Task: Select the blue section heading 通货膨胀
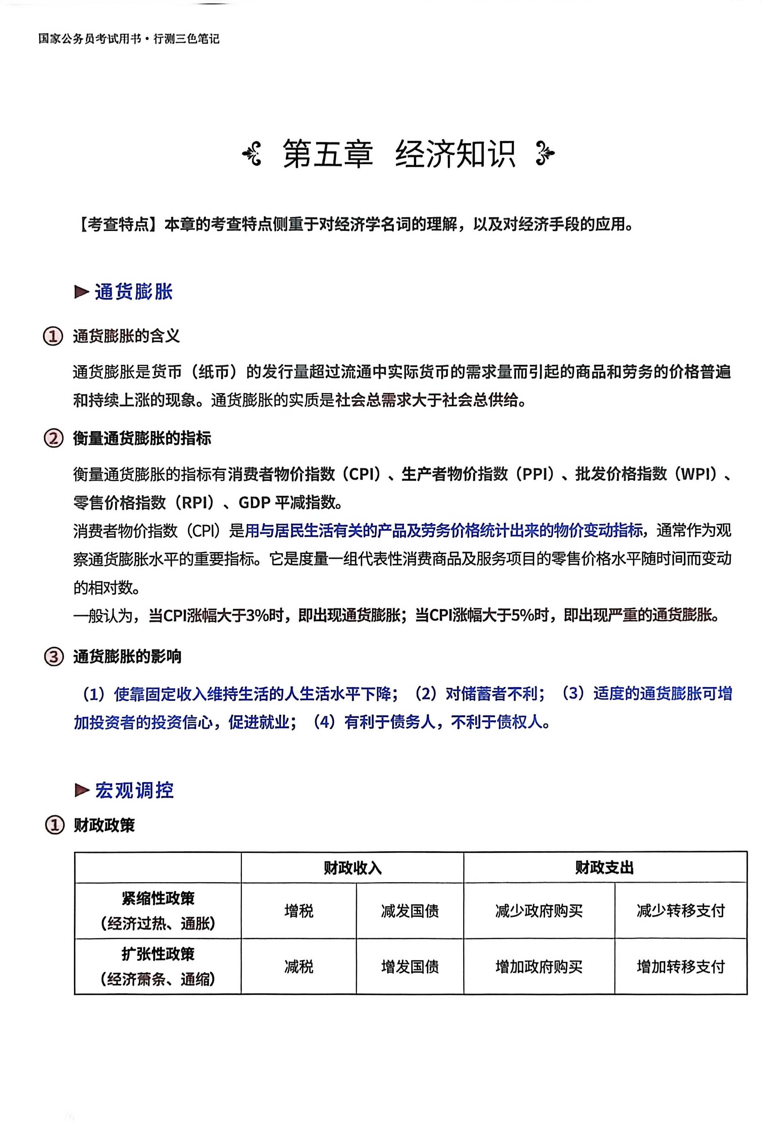134,292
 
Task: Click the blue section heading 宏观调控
134,790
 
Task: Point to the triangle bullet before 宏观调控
82,790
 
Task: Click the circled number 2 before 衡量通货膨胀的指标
53,438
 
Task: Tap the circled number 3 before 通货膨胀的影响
53,657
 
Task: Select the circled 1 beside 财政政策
55,825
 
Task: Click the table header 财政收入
352,868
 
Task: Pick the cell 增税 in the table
299,910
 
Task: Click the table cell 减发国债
410,910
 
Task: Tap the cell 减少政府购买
539,910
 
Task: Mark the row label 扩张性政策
158,954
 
